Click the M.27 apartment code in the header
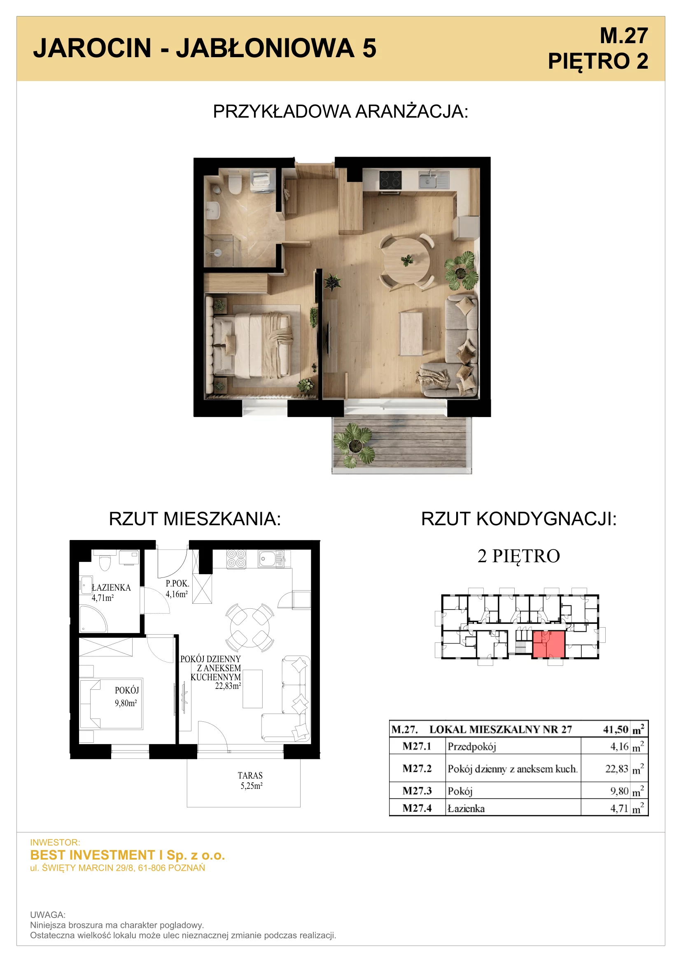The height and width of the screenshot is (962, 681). pyautogui.click(x=623, y=36)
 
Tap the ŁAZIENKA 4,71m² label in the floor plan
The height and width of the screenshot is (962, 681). pyautogui.click(x=111, y=592)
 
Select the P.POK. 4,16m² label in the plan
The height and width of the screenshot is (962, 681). pyautogui.click(x=177, y=589)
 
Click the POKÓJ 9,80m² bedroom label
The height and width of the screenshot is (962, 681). pyautogui.click(x=127, y=696)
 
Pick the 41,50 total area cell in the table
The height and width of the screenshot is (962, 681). pyautogui.click(x=616, y=730)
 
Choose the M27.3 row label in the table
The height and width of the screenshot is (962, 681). pyautogui.click(x=417, y=790)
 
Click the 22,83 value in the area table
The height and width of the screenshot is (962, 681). pyautogui.click(x=617, y=769)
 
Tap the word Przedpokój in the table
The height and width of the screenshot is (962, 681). pyautogui.click(x=472, y=746)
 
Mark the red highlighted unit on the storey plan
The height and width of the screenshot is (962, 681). pyautogui.click(x=548, y=644)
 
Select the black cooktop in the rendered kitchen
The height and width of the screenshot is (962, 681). pyautogui.click(x=390, y=180)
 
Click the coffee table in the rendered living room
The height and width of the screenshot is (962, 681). pyautogui.click(x=411, y=334)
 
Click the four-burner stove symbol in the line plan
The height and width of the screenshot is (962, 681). pyautogui.click(x=236, y=559)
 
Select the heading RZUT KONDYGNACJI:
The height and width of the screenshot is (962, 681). pyautogui.click(x=519, y=519)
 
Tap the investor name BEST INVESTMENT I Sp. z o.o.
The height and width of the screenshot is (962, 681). pyautogui.click(x=128, y=855)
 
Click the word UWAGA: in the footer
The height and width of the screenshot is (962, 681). pyautogui.click(x=48, y=915)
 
